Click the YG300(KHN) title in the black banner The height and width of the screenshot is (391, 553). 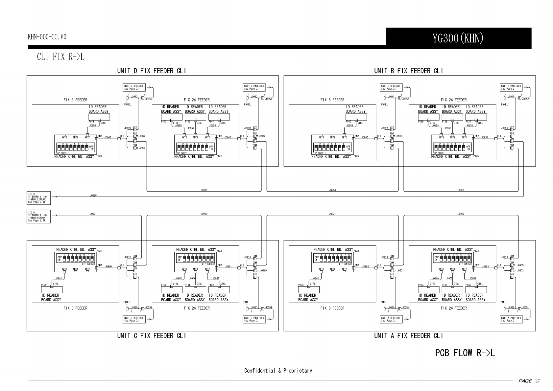coord(458,38)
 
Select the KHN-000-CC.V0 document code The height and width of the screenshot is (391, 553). coord(47,37)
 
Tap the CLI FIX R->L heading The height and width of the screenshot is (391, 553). coord(60,57)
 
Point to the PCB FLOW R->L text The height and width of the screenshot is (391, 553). coord(465,353)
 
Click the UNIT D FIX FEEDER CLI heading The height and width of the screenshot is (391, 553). coord(152,71)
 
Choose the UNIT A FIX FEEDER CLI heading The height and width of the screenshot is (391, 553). coord(408,335)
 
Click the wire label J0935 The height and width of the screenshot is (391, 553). coord(204,190)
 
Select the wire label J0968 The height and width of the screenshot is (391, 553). coord(93,195)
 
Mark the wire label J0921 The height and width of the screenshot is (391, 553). coord(93,214)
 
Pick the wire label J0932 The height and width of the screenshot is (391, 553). coord(461,214)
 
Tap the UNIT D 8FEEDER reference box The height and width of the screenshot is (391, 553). coord(133,87)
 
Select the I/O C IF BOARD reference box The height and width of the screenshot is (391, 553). coord(38,198)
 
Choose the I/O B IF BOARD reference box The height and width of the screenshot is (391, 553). coord(38,216)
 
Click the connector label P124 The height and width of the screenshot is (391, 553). coord(476,251)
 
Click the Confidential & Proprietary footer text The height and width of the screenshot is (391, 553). coord(278,371)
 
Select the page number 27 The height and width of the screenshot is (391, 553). coord(537,381)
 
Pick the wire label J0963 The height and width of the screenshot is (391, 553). coord(485,266)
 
